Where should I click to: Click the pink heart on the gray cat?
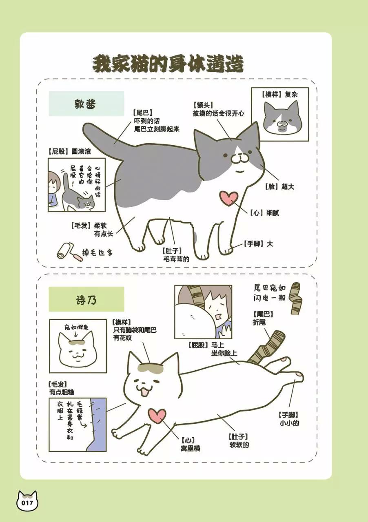click(x=229, y=198)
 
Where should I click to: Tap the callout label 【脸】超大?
click(x=279, y=186)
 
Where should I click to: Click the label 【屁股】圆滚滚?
click(x=69, y=151)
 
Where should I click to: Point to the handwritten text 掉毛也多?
click(x=98, y=252)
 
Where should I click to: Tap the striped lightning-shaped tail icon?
click(x=295, y=299)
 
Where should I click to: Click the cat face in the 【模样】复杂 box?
click(x=282, y=118)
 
